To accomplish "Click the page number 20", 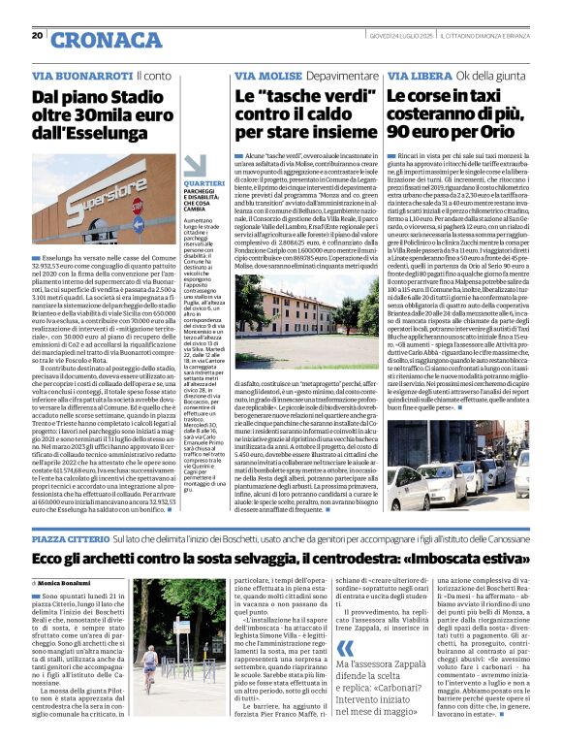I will point(37,35).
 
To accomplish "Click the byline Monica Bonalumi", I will point(70,582).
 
